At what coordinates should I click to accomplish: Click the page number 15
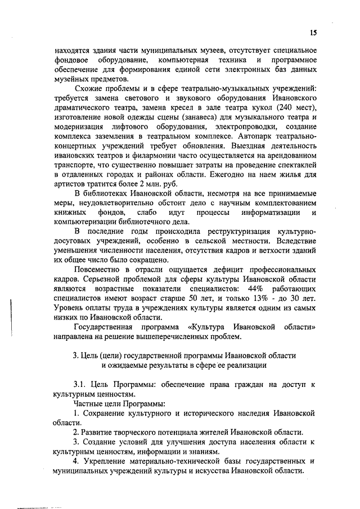coord(313,33)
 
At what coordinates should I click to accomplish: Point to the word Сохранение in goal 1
coord(110,413)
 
